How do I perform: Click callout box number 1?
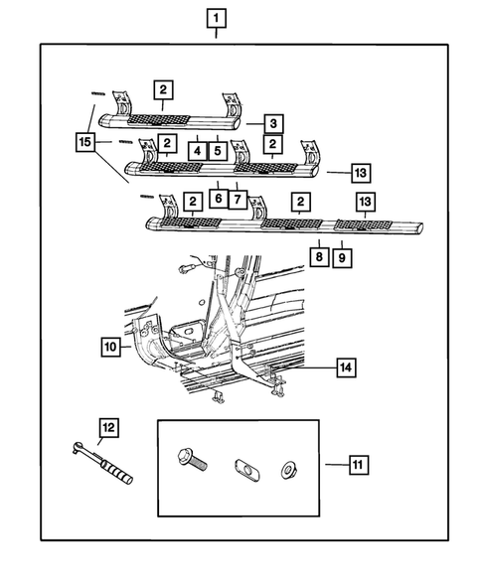217,18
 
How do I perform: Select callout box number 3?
273,123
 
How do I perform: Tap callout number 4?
197,151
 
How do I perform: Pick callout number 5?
218,151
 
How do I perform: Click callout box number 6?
219,198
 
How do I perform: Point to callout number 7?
238,200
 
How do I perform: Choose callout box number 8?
319,256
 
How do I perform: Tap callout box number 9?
342,257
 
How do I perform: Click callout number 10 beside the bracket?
110,347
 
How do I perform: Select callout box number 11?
359,465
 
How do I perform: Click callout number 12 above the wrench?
108,427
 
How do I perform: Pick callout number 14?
346,367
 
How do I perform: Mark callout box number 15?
85,142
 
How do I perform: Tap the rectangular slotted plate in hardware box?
247,470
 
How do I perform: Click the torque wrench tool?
101,463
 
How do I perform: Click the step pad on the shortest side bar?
159,119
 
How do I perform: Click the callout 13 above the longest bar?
365,202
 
